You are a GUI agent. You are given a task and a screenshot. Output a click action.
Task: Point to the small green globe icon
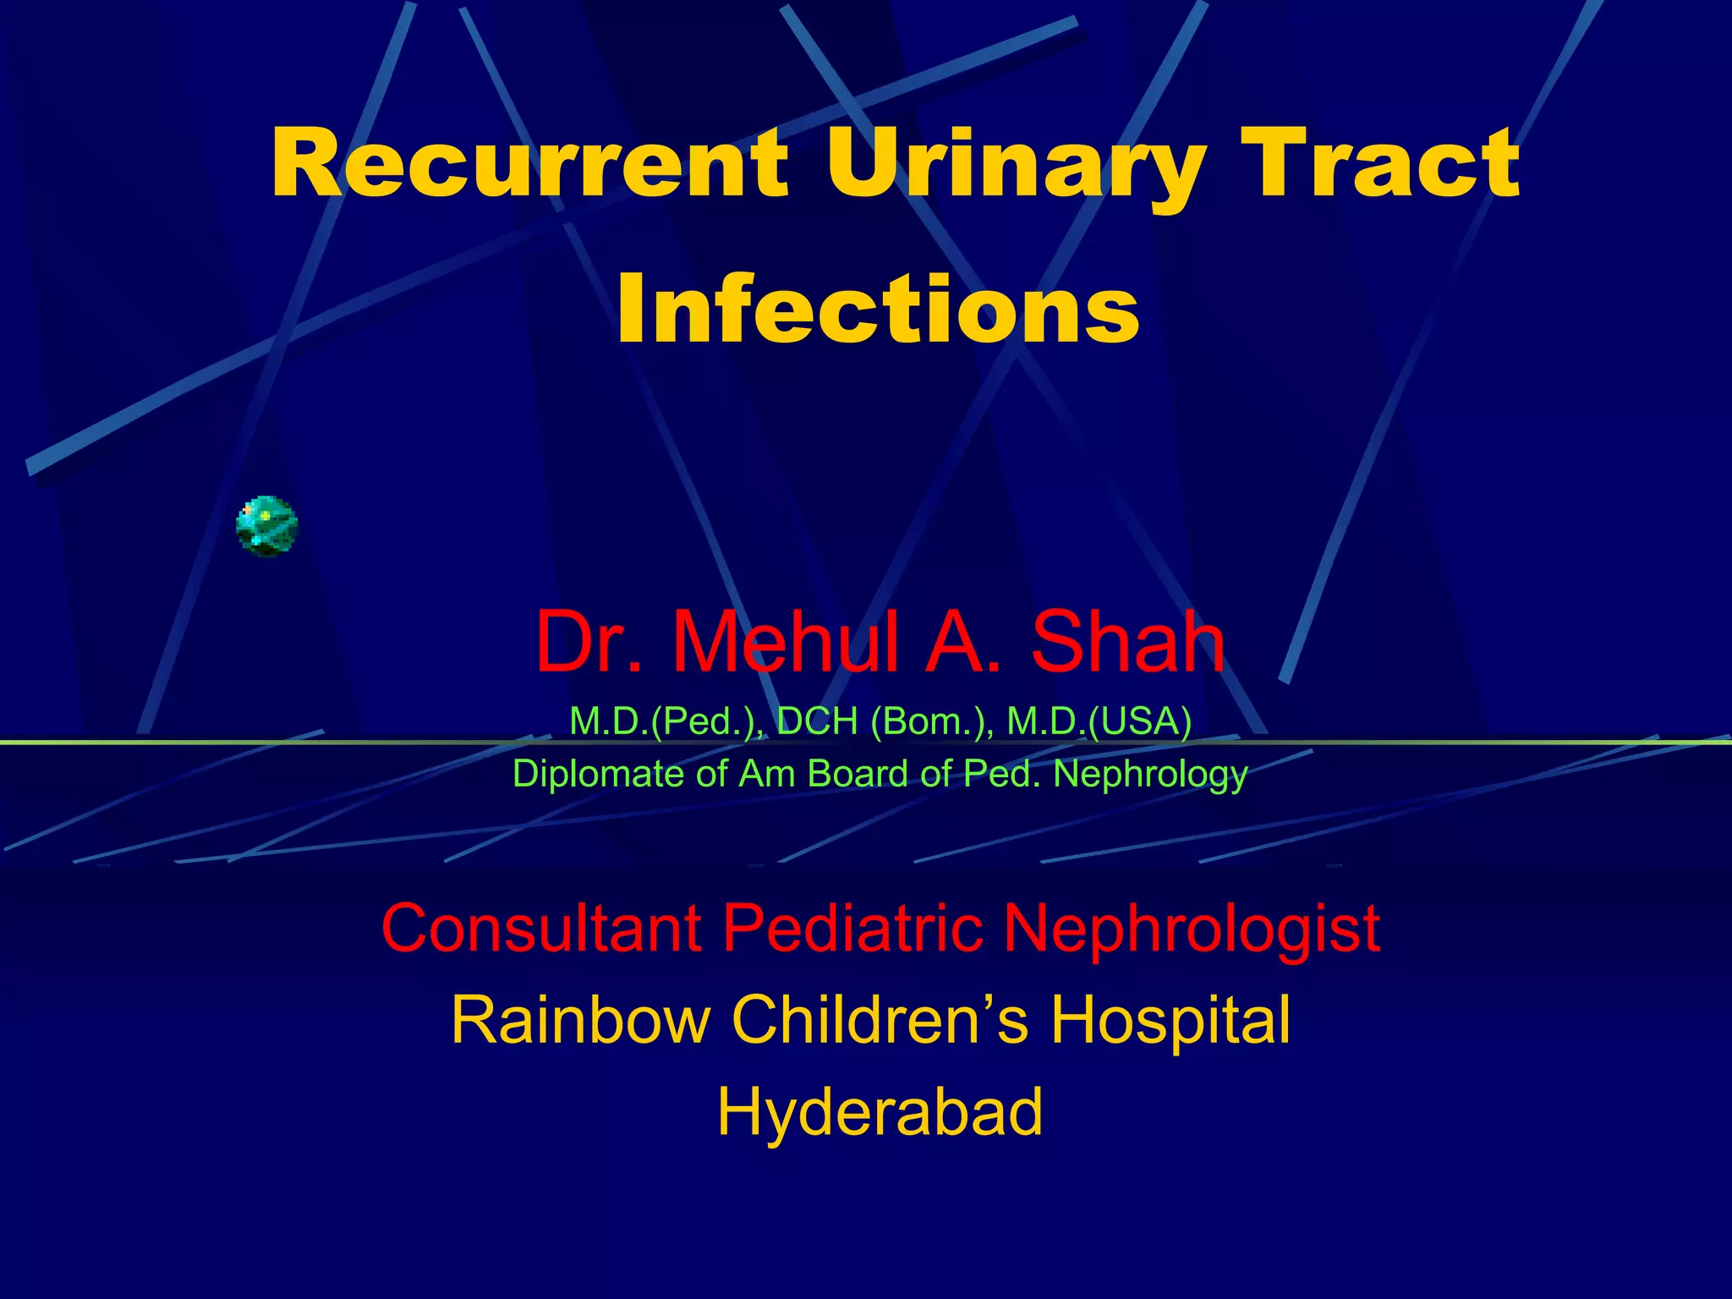point(266,526)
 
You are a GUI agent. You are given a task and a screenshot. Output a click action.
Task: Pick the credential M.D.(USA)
point(1099,721)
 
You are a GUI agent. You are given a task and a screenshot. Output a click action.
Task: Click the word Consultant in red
point(541,928)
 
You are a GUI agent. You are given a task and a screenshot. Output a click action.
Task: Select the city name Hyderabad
point(880,1113)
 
